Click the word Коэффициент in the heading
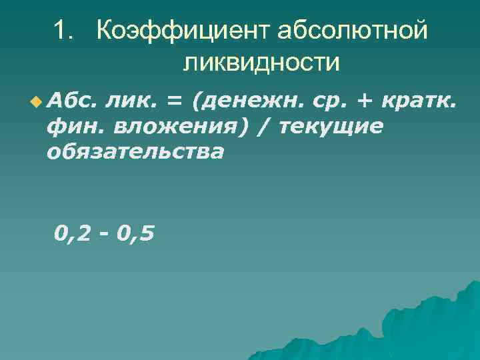[182, 31]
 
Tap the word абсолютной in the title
[351, 31]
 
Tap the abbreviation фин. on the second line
[74, 127]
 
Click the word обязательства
[135, 152]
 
